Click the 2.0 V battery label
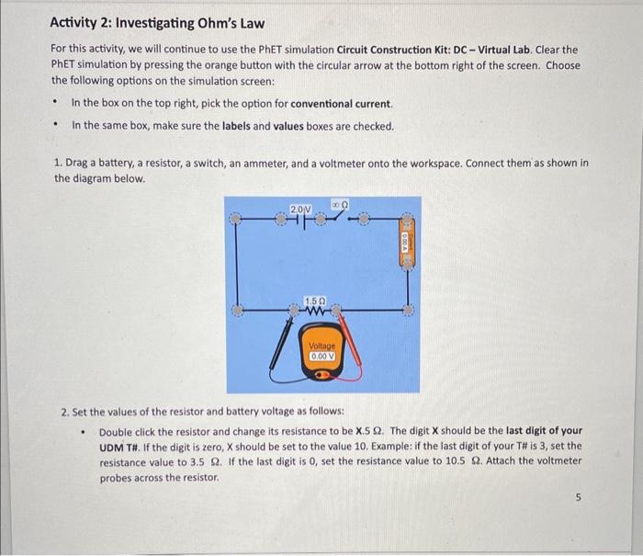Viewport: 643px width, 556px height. (300, 210)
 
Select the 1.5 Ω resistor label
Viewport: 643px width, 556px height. (315, 301)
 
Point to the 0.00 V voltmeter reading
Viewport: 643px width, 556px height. (322, 355)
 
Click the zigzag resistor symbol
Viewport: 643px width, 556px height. (315, 312)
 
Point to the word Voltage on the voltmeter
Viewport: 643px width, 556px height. (322, 345)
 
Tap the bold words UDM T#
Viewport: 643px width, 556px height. (120, 446)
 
